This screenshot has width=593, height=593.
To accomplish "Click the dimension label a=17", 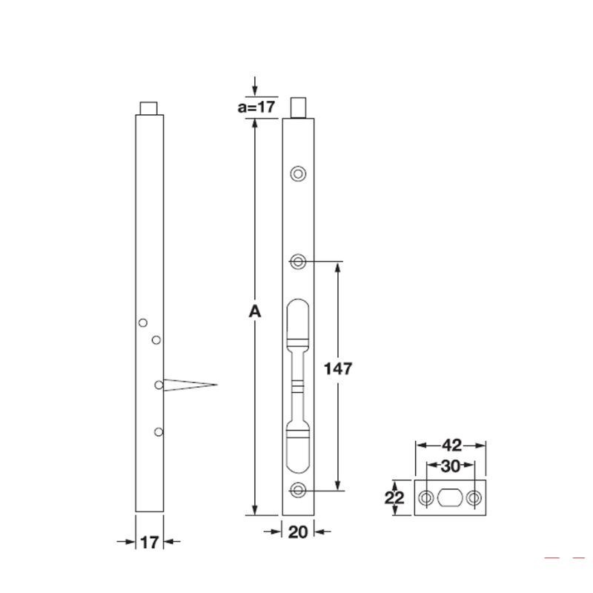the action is [256, 107].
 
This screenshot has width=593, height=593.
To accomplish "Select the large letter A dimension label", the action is [255, 311].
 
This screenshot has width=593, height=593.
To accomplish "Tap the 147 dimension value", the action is [338, 368].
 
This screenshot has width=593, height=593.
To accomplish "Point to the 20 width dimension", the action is [298, 532].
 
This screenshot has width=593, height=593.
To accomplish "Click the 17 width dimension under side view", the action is [150, 543].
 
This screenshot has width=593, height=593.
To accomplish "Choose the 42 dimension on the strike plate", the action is [451, 445].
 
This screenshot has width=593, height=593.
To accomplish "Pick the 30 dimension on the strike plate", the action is [451, 466].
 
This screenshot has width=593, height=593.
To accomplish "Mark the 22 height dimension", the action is [394, 497].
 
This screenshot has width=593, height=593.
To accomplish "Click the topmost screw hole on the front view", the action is [298, 174].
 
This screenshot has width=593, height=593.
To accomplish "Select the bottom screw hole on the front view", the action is [298, 491].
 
